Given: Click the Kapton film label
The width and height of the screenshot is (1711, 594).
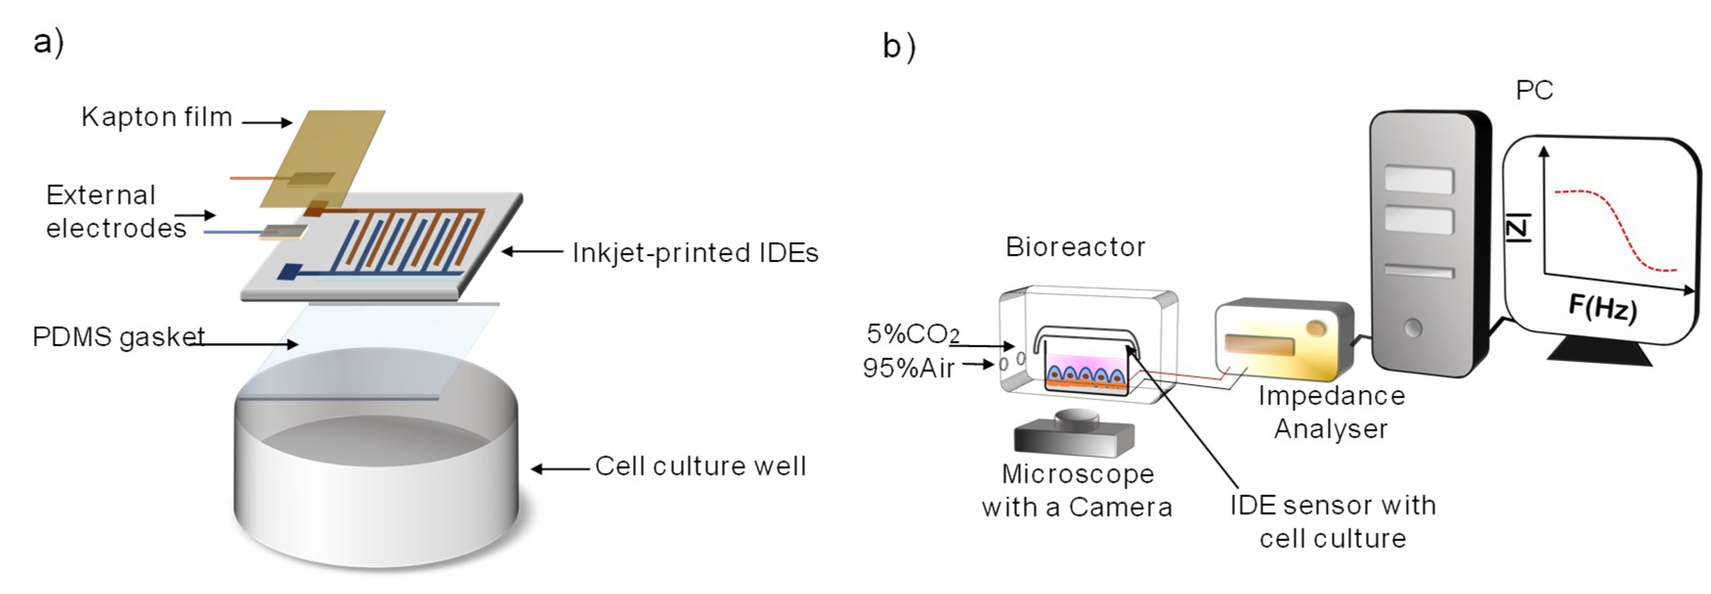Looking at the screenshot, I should click(157, 117).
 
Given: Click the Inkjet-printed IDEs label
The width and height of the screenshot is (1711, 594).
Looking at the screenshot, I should click(695, 253).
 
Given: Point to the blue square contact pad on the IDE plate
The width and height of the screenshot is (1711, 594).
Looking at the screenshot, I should click(290, 271).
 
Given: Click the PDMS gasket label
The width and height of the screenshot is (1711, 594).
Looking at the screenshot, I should click(118, 337).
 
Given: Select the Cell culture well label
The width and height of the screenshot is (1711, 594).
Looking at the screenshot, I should click(700, 466).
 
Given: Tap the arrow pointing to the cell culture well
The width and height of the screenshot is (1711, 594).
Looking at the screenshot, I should click(560, 469).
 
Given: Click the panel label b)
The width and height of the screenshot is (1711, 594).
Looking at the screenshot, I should click(898, 46).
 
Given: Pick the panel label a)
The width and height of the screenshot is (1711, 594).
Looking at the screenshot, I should click(48, 43).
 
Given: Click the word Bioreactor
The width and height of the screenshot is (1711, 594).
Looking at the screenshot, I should click(1075, 247).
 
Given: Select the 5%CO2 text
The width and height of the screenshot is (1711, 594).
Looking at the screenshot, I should click(913, 333).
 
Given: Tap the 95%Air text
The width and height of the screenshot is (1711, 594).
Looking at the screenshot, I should click(908, 368).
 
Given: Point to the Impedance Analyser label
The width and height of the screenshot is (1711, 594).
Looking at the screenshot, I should click(1331, 412).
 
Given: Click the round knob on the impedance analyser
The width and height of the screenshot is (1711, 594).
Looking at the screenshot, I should click(1315, 328).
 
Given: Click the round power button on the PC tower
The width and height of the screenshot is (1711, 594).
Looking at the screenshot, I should click(1413, 328).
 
